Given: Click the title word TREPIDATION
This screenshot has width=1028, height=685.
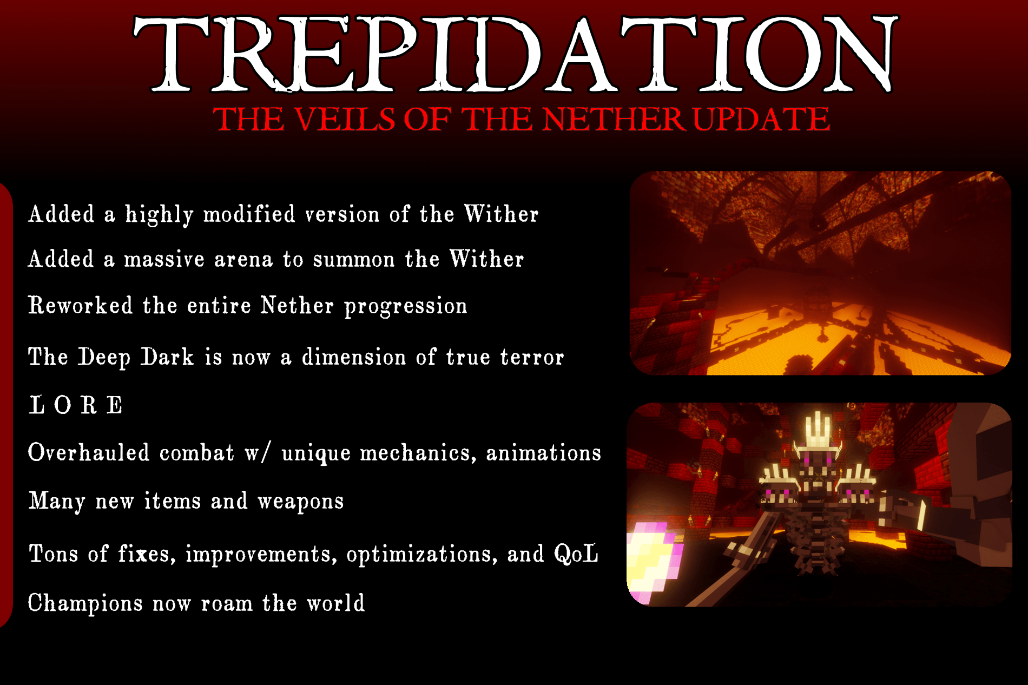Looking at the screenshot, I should point(514,54).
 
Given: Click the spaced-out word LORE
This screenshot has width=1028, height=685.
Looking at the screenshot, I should point(76,405).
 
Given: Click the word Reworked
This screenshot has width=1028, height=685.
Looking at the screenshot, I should point(80,306).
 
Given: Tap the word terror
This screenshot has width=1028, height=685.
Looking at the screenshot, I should point(532,358).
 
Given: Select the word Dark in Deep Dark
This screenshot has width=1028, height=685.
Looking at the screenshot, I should point(167,358).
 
